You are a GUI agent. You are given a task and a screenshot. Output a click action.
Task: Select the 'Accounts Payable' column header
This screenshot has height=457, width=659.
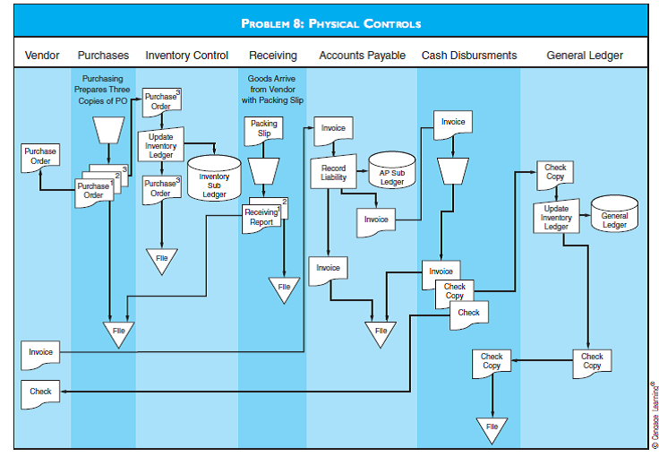(362, 56)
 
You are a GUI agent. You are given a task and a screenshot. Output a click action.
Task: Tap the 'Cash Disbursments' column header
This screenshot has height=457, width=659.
(469, 56)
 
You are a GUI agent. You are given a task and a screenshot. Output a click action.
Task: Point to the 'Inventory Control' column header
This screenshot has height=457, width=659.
(186, 56)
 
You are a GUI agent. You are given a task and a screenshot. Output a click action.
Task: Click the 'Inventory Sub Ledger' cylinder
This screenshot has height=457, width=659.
(214, 178)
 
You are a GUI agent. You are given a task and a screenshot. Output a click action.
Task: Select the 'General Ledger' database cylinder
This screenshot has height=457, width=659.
(614, 216)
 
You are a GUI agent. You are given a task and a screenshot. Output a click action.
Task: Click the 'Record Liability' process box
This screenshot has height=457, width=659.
(333, 173)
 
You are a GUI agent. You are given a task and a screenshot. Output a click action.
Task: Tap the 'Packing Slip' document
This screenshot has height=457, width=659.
(264, 129)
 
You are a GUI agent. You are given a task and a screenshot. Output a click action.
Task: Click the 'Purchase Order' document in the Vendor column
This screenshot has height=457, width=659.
(40, 156)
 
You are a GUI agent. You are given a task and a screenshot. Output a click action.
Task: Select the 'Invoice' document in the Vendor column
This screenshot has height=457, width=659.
(40, 352)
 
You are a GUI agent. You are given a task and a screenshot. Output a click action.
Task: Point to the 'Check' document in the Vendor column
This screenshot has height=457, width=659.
(40, 392)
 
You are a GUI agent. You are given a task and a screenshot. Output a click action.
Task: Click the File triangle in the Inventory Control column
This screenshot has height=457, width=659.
(161, 259)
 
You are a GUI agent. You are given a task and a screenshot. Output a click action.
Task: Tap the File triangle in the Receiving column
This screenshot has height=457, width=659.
(283, 288)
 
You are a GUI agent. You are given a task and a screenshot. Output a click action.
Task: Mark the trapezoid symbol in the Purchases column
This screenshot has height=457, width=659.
(107, 131)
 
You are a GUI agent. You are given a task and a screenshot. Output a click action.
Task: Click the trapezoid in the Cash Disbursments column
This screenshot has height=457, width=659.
(453, 169)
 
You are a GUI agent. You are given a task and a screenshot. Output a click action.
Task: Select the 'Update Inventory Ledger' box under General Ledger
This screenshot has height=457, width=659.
(556, 218)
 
